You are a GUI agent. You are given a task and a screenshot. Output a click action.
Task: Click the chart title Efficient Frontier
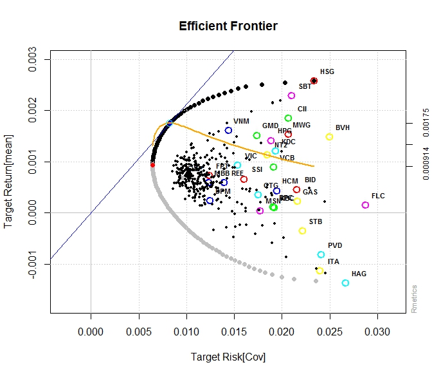coord(228,26)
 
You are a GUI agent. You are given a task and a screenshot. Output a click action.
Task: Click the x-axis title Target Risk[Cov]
coord(228,356)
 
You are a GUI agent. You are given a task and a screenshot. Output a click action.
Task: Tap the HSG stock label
coord(327,72)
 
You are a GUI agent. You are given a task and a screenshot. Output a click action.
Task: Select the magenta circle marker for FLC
coord(365,205)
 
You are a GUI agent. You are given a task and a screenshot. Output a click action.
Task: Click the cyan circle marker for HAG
coord(345,283)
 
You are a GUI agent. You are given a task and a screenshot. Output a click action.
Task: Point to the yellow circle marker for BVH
coord(329,136)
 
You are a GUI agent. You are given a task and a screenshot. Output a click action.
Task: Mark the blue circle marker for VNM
coord(228,130)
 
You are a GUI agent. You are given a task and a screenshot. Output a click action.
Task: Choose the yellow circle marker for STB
coord(302,230)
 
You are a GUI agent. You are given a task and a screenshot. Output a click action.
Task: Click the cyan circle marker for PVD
coord(321,254)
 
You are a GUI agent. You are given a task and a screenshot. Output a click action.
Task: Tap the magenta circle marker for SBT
coord(291,95)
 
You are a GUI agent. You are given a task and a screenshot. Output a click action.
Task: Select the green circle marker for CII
coord(288,118)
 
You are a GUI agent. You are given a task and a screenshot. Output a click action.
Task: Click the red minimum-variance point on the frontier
coord(152,165)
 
